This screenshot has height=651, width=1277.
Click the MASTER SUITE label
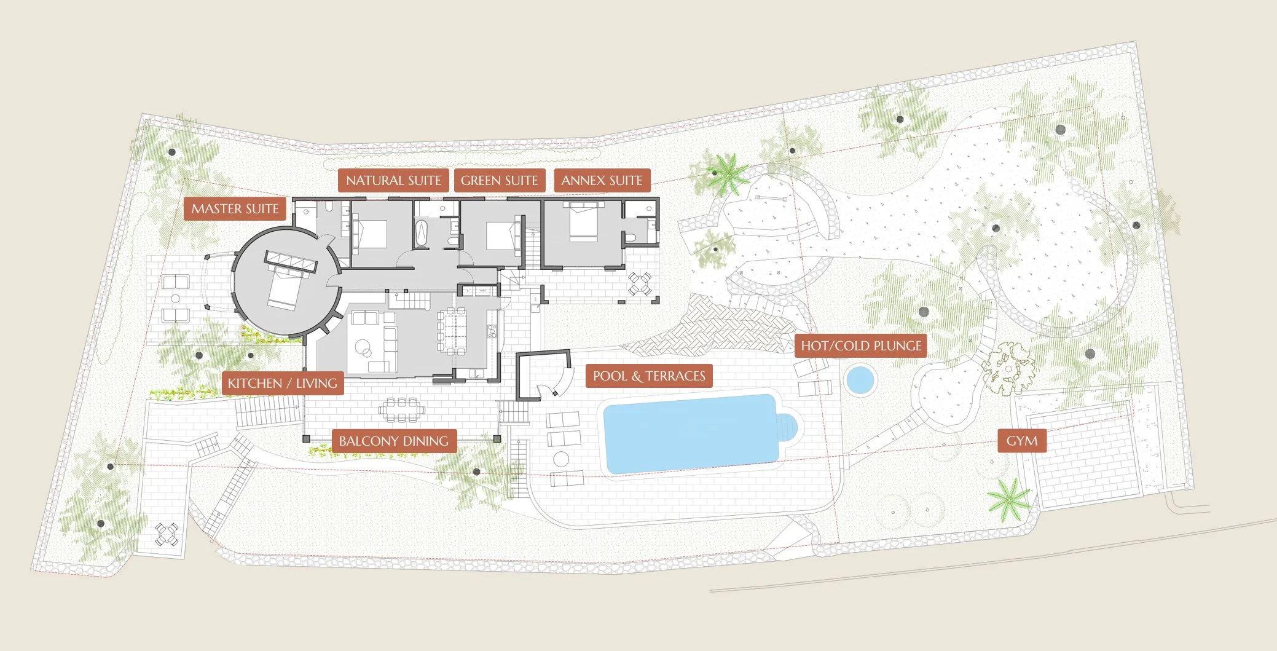click(x=235, y=209)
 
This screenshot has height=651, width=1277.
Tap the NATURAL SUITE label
click(x=393, y=181)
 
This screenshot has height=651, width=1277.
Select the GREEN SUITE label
click(x=499, y=181)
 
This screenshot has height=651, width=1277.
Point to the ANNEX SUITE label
click(x=602, y=181)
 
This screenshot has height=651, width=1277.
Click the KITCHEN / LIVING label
click(x=282, y=384)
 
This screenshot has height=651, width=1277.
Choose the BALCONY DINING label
click(x=393, y=441)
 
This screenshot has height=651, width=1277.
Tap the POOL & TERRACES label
click(x=649, y=376)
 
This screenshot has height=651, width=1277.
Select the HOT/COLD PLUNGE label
click(x=861, y=346)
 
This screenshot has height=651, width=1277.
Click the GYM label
click(x=1022, y=441)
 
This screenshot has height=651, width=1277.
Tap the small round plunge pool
click(x=860, y=380)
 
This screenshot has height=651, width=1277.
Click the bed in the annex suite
click(x=583, y=222)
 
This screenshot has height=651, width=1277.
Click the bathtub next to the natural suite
click(x=422, y=234)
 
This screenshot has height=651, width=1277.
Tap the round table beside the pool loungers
click(x=561, y=459)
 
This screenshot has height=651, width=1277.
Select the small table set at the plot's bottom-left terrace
click(x=166, y=534)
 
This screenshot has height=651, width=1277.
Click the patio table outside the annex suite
click(x=639, y=283)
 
